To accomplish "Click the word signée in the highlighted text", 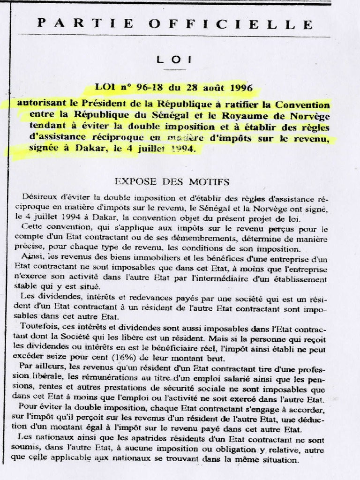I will click(x=44, y=149).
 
